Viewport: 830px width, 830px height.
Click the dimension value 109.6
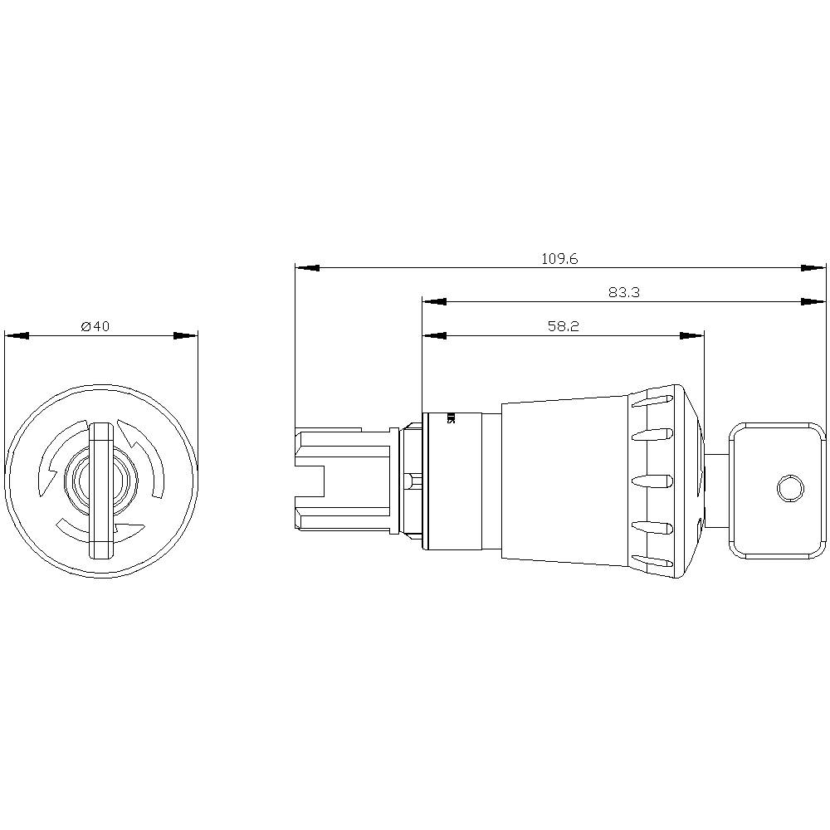[x=559, y=258]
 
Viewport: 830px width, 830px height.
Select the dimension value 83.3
[x=623, y=292]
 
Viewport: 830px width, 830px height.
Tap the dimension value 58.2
[x=563, y=326]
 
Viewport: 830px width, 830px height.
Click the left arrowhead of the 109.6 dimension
[x=307, y=268]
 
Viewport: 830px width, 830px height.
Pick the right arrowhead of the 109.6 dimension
[x=814, y=268]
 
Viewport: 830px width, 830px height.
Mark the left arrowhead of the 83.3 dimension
[x=434, y=302]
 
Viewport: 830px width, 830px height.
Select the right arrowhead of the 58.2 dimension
[x=691, y=336]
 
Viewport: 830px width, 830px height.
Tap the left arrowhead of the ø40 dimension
[x=17, y=336]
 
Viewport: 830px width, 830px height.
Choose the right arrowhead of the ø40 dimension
[x=186, y=336]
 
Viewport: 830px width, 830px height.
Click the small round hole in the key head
[x=788, y=488]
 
